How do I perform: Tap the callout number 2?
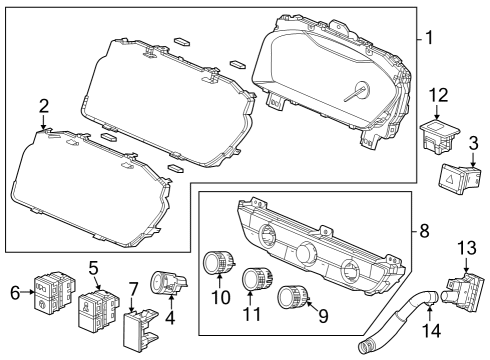coord(43,106)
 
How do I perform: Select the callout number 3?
coord(473,144)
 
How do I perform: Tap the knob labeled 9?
coord(294,295)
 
